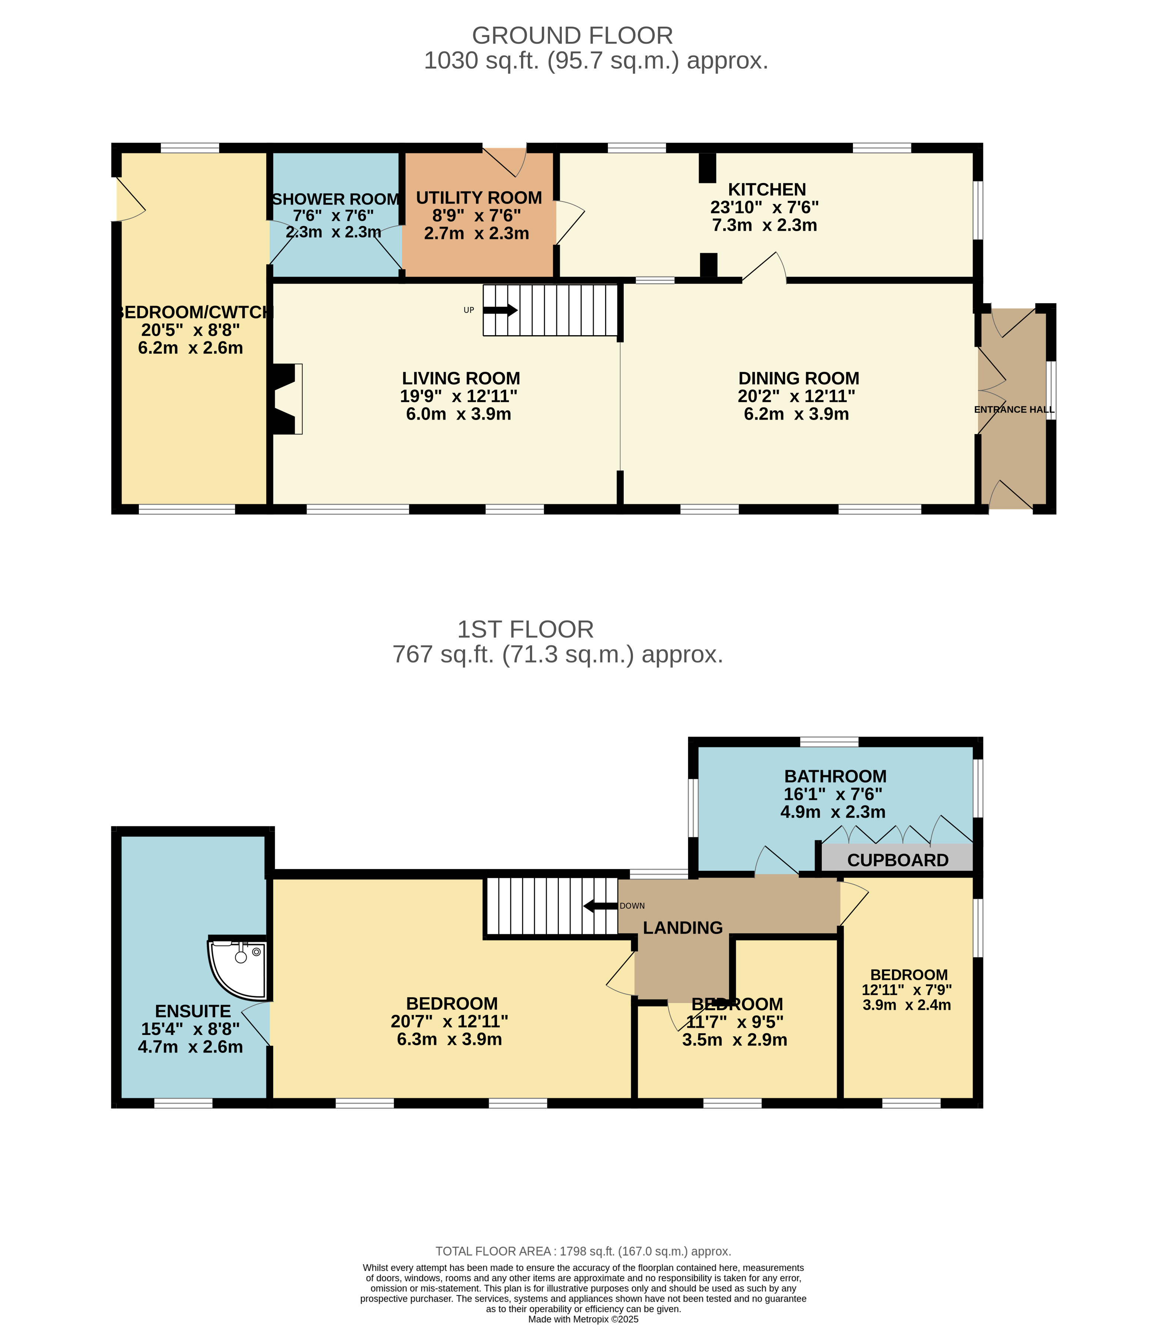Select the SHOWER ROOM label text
pos(335,199)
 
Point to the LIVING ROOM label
pos(461,378)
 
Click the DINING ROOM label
pos(799,378)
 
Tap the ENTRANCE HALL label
pos(1014,409)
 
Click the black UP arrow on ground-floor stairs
pos(500,310)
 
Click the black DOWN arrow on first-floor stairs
pos(600,905)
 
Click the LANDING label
pos(683,928)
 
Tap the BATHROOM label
pos(835,776)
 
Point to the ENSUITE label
pos(193,1011)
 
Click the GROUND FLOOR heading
pos(573,36)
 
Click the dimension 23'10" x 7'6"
pos(764,207)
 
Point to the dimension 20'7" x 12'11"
pos(449,1021)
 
